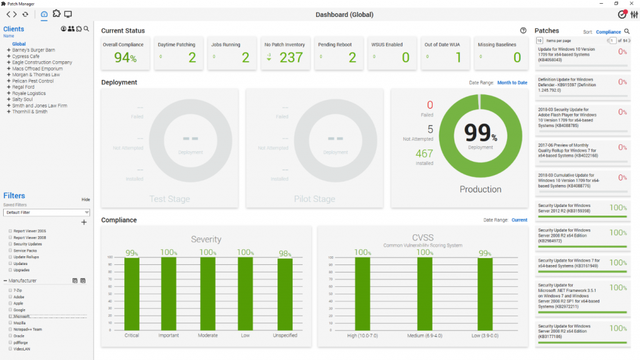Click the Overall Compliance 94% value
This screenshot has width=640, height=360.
pyautogui.click(x=125, y=58)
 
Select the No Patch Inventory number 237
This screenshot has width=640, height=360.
pyautogui.click(x=291, y=58)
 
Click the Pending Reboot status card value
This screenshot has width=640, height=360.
pyautogui.click(x=352, y=58)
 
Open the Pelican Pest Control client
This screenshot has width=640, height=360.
pyautogui.click(x=32, y=81)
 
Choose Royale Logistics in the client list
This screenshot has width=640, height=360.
pyautogui.click(x=30, y=94)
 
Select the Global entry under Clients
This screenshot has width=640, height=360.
pyautogui.click(x=19, y=44)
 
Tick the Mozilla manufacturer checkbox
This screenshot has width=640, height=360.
pyautogui.click(x=10, y=323)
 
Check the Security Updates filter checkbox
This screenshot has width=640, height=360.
pyautogui.click(x=10, y=244)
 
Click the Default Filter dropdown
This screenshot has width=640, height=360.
pyautogui.click(x=47, y=212)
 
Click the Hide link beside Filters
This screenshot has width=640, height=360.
pyautogui.click(x=86, y=199)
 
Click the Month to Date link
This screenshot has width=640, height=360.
pyautogui.click(x=512, y=82)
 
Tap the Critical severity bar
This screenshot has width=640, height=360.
pyautogui.click(x=132, y=294)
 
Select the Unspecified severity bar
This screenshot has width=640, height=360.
pyautogui.click(x=285, y=294)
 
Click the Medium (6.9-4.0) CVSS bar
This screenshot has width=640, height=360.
pyautogui.click(x=424, y=294)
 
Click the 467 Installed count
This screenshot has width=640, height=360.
pyautogui.click(x=424, y=154)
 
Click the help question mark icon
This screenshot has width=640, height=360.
pyautogui.click(x=523, y=31)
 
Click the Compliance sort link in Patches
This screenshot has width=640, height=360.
pyautogui.click(x=608, y=32)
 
